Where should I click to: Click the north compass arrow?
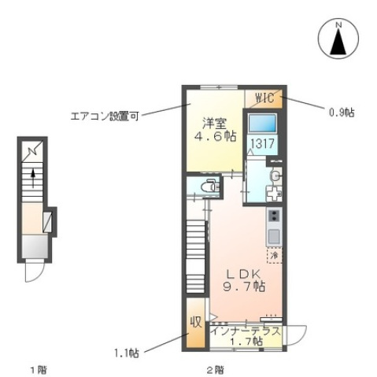click(x=339, y=40)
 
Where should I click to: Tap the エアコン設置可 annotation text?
click(x=102, y=116)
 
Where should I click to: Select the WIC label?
click(x=264, y=98)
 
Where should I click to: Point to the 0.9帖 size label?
click(x=341, y=113)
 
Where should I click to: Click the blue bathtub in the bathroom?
click(x=262, y=124)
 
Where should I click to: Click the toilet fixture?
click(x=209, y=187)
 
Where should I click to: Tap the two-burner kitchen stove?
click(x=274, y=216)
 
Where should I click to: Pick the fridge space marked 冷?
click(x=274, y=256)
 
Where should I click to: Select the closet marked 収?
click(x=194, y=323)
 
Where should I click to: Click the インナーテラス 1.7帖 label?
click(x=246, y=336)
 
